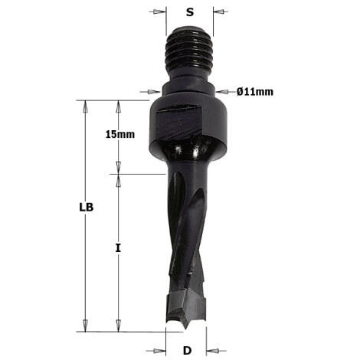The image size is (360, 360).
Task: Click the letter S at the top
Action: click(x=190, y=12)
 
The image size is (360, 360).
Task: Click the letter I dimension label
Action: click(x=117, y=248)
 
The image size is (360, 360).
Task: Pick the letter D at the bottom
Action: click(x=186, y=352)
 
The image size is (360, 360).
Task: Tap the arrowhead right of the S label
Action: click(x=218, y=12)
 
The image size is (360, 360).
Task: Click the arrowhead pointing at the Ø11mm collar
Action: click(x=221, y=93)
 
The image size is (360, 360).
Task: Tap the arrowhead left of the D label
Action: click(x=162, y=352)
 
